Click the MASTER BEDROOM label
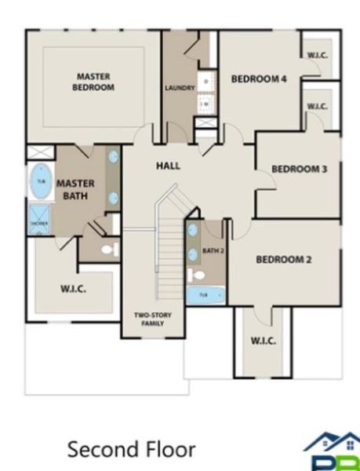tap(94, 82)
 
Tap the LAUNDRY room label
tap(180, 89)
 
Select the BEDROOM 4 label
tap(259, 78)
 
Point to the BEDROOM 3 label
tap(299, 169)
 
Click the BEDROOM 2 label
tap(284, 260)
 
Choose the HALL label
tap(168, 166)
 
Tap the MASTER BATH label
tap(75, 189)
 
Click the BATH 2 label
tap(213, 251)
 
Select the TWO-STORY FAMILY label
tap(152, 319)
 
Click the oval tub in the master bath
tap(39, 181)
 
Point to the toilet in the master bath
tap(107, 250)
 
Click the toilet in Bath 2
tap(197, 275)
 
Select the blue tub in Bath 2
tap(205, 295)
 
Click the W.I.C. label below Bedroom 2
tap(262, 341)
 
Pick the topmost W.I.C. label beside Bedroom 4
tap(318, 56)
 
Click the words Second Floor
tap(131, 450)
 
